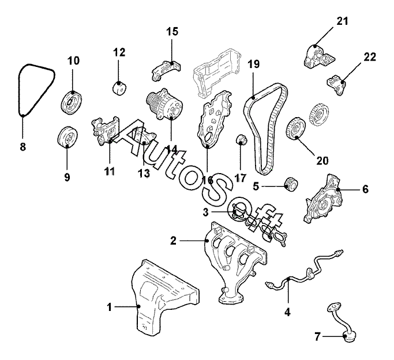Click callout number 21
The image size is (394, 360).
343,22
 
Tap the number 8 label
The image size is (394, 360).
23,147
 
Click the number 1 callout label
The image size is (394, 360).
110,307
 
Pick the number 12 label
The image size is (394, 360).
119,52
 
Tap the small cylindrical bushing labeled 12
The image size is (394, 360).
119,89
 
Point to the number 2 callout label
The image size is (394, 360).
172,239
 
